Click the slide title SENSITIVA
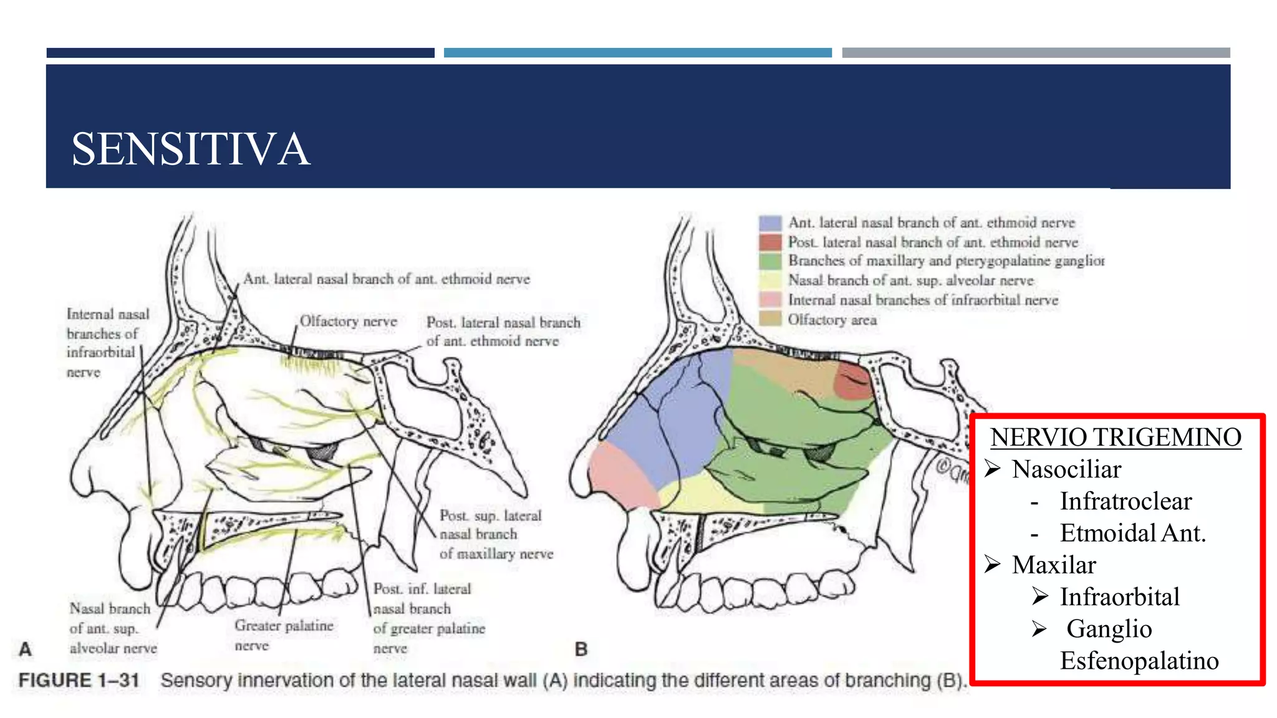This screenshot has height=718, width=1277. (x=190, y=150)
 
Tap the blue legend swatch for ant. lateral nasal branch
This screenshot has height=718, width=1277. (x=770, y=223)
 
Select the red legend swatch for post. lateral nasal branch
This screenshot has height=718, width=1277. (x=770, y=242)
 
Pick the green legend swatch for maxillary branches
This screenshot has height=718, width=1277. (x=770, y=261)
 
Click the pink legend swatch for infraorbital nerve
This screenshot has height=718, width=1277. (x=770, y=300)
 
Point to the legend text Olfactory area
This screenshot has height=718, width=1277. (x=832, y=320)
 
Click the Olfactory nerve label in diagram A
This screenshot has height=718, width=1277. (x=348, y=322)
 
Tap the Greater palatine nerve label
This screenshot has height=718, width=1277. (x=284, y=634)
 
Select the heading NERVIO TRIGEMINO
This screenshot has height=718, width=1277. (x=1116, y=438)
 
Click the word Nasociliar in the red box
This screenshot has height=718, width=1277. (x=1066, y=469)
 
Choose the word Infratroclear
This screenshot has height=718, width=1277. (x=1125, y=501)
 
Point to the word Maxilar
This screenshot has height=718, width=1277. (x=1054, y=565)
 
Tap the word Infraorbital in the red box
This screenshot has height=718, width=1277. (x=1119, y=597)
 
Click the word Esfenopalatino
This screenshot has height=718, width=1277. (x=1139, y=661)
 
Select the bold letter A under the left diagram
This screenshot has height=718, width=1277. (x=25, y=649)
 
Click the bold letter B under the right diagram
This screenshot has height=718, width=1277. (x=581, y=649)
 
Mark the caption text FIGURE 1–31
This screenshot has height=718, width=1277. (x=79, y=680)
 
